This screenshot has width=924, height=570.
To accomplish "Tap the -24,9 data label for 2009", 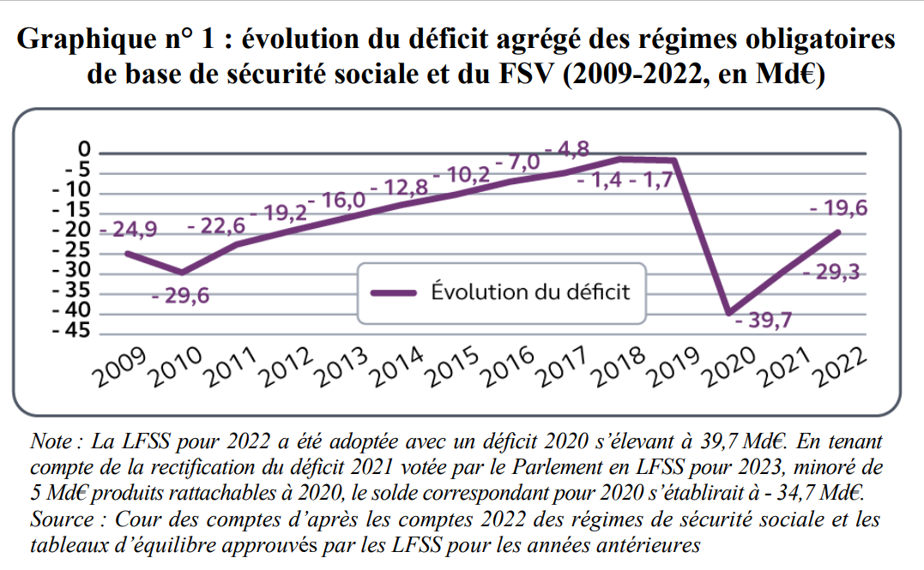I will [x=129, y=231].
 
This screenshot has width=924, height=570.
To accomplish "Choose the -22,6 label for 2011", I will [x=216, y=225].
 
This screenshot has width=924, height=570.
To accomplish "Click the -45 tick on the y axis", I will [x=72, y=331].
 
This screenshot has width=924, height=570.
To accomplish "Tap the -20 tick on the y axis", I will [x=72, y=231].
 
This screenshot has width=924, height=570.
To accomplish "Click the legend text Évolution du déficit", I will [x=530, y=292].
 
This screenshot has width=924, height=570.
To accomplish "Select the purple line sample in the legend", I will [x=397, y=292].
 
